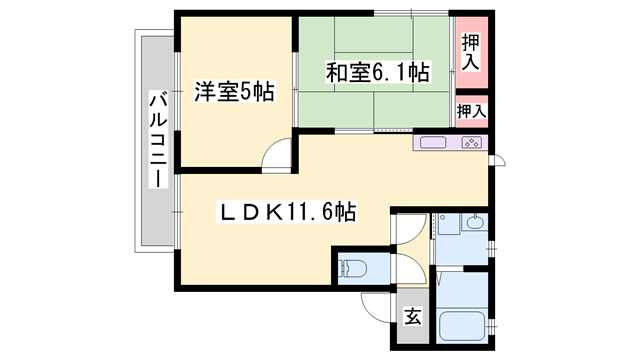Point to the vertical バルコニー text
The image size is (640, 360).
(157, 140)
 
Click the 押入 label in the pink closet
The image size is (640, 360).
(470, 52)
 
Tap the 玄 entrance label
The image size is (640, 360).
(412, 318)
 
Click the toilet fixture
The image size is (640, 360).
(352, 268)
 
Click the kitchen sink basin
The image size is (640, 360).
(433, 143)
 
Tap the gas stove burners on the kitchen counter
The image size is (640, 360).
(471, 143)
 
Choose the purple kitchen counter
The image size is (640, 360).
(451, 143)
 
